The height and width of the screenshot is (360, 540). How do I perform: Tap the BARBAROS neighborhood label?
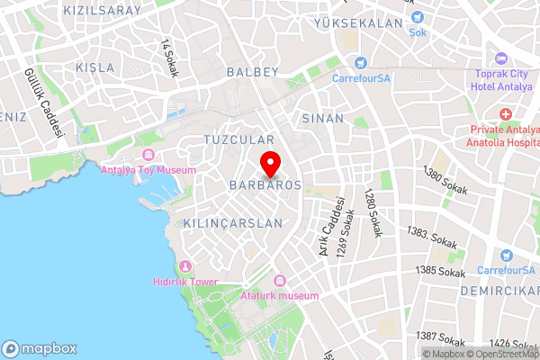pos(265,184)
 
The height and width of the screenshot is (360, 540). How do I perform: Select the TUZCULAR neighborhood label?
pos(238,140)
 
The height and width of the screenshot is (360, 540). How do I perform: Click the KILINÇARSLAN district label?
pos(232,222)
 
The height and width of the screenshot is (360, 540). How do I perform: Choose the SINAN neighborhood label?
pos(322,118)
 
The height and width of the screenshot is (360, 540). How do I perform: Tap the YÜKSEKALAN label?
pos(356,24)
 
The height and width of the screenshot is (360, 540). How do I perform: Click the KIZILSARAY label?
pos(103,10)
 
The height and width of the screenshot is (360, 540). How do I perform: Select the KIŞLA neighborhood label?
pos(95,67)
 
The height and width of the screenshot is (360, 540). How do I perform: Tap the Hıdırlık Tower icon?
pos(185,266)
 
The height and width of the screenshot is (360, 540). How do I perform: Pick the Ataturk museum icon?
pos(279,281)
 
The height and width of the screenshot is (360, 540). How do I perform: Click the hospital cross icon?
pos(506,115)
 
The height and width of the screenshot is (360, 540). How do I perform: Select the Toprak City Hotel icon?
pos(499,58)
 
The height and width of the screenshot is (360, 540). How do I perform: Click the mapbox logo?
pos(40,348)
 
